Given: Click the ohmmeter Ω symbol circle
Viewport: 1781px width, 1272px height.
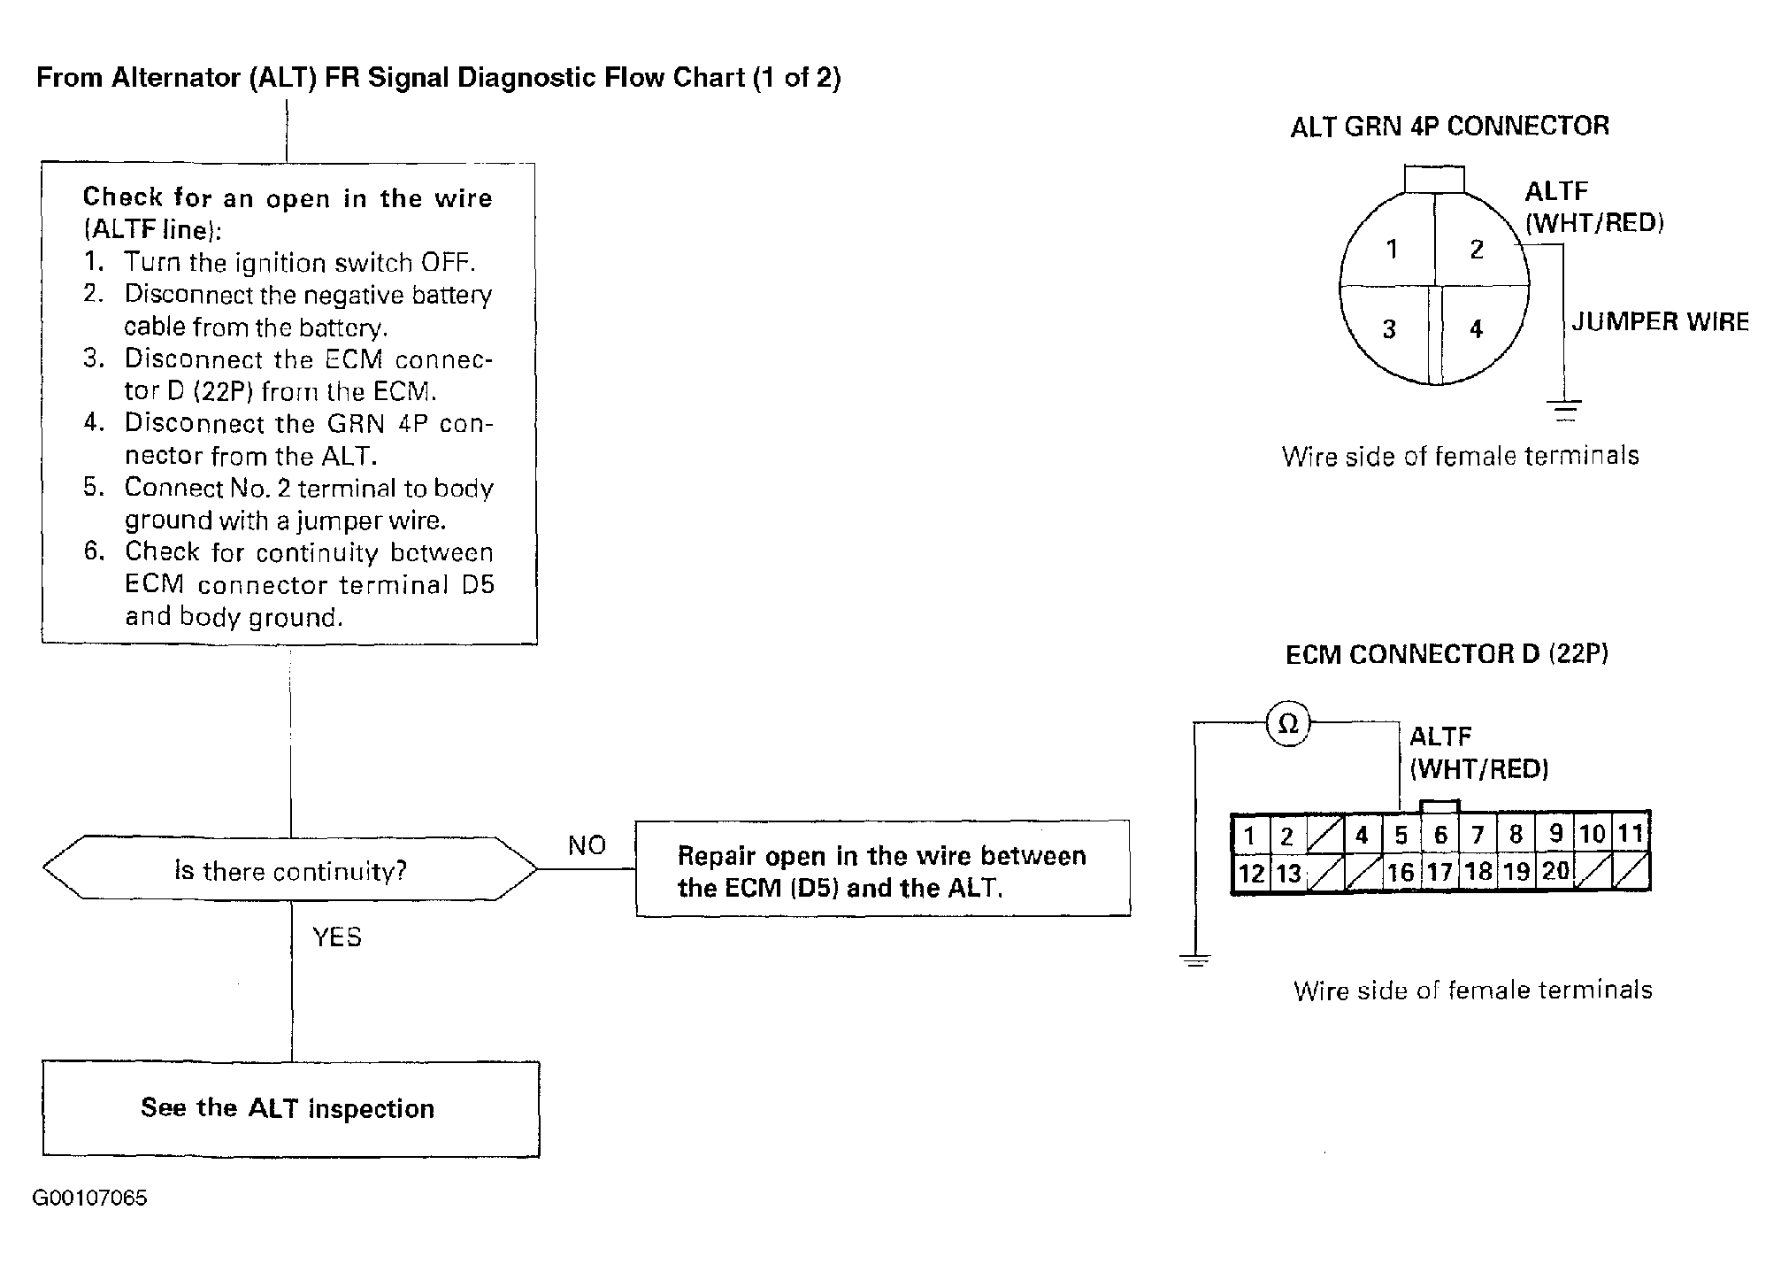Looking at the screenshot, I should click(1288, 724).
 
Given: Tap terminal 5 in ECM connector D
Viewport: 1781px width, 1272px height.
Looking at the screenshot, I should click(1401, 835).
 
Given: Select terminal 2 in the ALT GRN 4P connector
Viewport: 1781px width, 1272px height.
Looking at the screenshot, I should click(1477, 250).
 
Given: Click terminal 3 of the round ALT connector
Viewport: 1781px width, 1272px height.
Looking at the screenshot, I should click(1389, 329).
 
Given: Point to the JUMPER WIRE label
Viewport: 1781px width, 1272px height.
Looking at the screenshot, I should click(1660, 321).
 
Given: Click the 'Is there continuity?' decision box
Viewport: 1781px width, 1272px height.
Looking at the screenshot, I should click(290, 870).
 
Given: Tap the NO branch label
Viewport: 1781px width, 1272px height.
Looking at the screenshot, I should click(587, 845).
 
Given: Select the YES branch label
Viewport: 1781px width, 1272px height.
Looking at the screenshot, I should click(337, 937).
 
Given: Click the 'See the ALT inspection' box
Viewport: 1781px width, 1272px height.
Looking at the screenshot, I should click(290, 1108).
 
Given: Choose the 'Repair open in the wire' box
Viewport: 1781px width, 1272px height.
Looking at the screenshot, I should click(882, 870).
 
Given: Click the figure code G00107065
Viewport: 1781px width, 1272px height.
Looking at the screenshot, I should click(89, 1198).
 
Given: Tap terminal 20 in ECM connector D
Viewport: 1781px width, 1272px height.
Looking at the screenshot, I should click(1555, 871).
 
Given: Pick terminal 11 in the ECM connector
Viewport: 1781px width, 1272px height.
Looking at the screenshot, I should click(1631, 834).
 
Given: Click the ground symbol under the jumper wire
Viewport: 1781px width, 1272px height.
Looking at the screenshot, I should click(1564, 409).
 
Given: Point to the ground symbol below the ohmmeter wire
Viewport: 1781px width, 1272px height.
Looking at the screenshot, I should click(1194, 960).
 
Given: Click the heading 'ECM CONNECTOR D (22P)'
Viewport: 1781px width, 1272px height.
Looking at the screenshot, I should click(1447, 654).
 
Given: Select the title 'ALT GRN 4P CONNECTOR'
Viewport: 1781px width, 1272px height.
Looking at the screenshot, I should click(1449, 127).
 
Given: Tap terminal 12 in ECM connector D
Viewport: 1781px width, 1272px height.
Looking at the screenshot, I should click(1251, 874).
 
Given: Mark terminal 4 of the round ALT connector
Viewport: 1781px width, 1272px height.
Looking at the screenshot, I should click(1476, 329).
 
